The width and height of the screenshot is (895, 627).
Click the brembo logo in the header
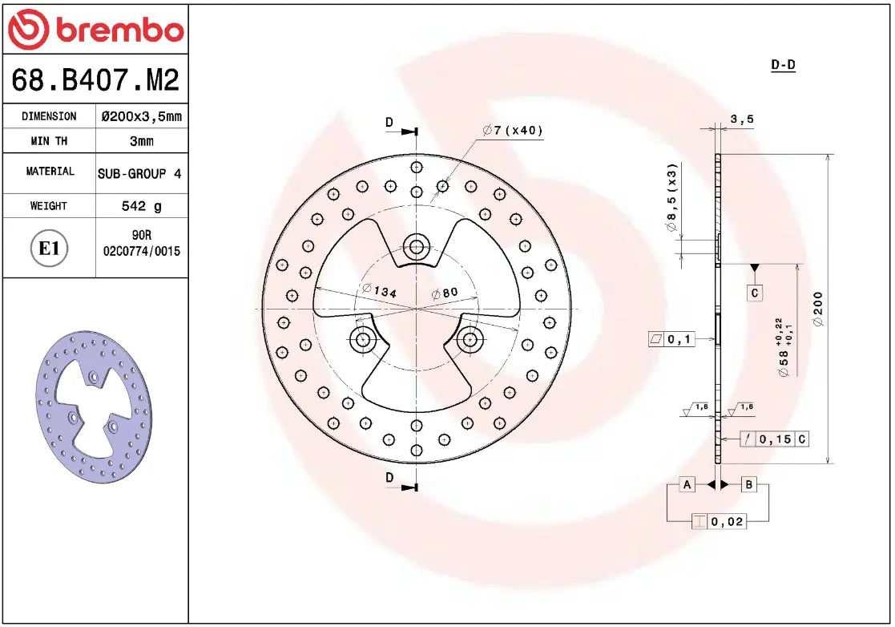95,30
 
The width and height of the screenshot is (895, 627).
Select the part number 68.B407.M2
95,80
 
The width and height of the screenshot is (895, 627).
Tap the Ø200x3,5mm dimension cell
142,116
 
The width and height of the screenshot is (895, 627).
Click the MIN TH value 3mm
142,141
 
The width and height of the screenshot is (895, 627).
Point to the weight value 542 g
142,206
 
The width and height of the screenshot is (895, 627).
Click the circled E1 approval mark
50,249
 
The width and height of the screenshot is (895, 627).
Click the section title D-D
782,65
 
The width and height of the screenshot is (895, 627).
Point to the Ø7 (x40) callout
513,131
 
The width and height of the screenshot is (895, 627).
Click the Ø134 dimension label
379,292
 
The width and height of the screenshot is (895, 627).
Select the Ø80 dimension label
445,293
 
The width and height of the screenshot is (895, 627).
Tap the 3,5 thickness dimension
742,119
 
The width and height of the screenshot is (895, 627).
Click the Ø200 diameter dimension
818,309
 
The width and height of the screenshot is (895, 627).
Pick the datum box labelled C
755,293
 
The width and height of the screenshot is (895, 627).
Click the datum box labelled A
687,484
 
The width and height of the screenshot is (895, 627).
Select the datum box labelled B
748,484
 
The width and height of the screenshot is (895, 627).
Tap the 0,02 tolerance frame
719,522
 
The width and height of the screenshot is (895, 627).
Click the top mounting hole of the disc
416,246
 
